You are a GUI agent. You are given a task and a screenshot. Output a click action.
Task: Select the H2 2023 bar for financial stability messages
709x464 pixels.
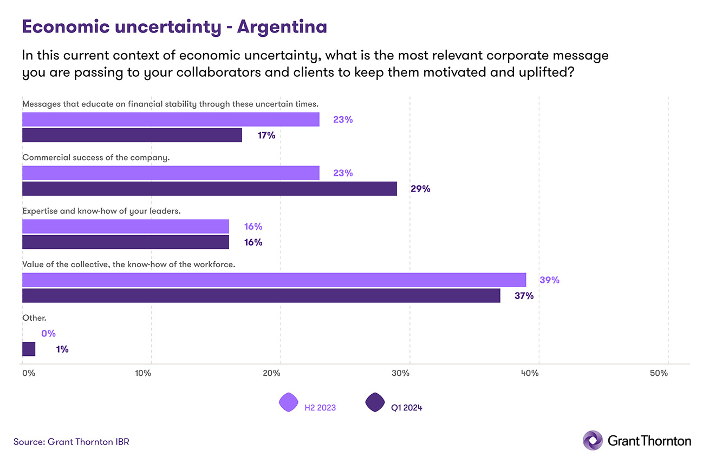[171, 120]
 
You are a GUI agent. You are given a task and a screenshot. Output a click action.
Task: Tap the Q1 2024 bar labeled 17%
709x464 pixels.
[132, 135]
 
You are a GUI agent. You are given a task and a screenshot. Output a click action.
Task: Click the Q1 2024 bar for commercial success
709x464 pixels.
[209, 189]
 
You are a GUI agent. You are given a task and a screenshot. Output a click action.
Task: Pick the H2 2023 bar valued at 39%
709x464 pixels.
[274, 280]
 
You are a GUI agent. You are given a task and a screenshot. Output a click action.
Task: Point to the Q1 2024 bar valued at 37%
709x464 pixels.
[261, 295]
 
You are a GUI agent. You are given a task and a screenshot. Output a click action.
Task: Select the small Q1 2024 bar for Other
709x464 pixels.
[29, 349]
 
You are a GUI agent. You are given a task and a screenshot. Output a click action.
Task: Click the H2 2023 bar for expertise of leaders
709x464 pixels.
[125, 226]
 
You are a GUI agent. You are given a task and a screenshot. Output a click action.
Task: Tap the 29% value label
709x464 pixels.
[420, 189]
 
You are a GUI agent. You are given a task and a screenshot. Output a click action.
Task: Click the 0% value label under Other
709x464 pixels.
[48, 334]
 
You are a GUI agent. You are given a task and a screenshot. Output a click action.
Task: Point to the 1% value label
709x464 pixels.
[62, 349]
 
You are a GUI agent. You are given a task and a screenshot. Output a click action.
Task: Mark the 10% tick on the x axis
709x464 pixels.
[143, 373]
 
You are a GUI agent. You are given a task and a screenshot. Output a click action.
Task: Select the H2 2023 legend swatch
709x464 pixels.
[289, 403]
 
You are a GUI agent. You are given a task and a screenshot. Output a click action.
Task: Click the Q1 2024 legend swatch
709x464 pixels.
[375, 403]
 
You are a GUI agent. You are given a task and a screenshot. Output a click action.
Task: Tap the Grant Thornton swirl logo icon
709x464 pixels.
[592, 440]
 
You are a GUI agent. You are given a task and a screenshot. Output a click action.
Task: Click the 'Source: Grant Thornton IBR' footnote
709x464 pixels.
[71, 442]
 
